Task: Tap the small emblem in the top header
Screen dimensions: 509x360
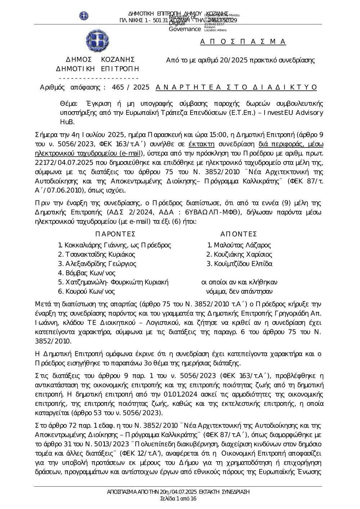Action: click(x=84, y=16)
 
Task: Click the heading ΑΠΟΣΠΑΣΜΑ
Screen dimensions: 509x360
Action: click(x=243, y=41)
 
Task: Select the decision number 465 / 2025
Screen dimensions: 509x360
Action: click(x=131, y=87)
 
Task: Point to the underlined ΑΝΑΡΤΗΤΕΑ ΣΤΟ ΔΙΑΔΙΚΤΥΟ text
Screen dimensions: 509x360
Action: click(x=236, y=87)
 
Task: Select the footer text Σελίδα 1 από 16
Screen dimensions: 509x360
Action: click(x=178, y=499)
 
